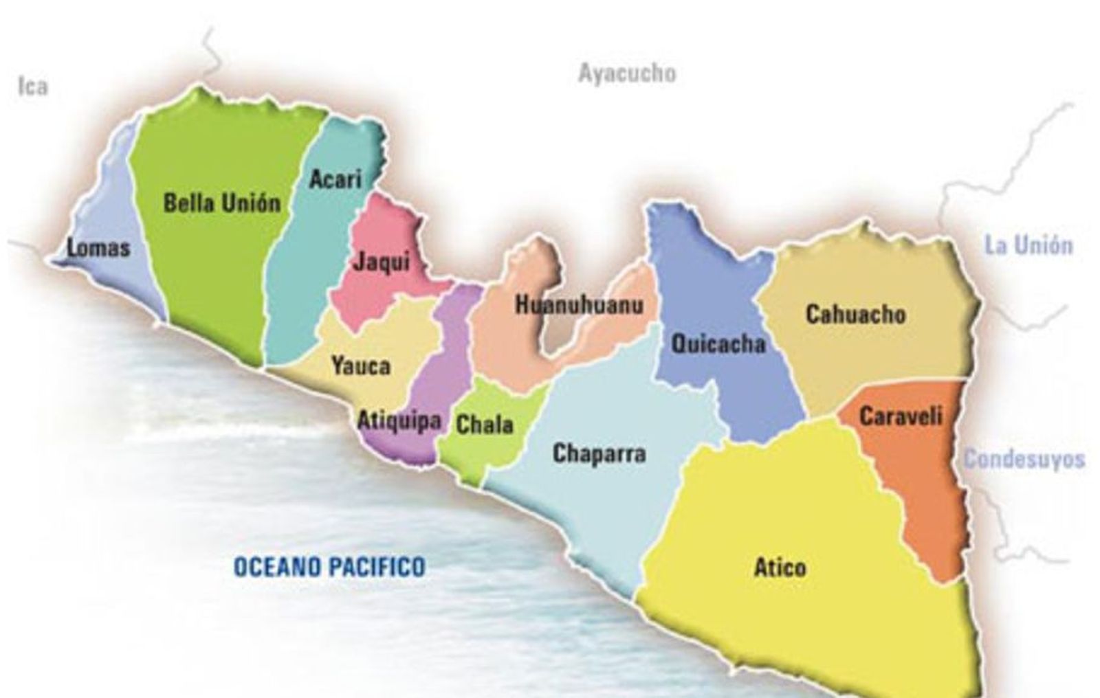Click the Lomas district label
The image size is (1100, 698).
click(x=98, y=248)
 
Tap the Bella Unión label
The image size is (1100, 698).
click(x=222, y=203)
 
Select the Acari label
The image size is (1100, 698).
click(x=335, y=180)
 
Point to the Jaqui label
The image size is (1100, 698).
click(x=381, y=262)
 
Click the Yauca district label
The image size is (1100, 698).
click(x=360, y=366)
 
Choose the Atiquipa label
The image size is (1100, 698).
click(x=399, y=420)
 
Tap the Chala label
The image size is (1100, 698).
click(x=484, y=425)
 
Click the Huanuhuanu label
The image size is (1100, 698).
click(x=579, y=305)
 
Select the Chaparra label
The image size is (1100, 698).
click(x=599, y=453)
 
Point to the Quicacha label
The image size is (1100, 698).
click(x=718, y=343)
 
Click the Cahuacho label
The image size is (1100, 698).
click(x=855, y=315)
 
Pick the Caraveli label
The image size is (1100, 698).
click(x=900, y=416)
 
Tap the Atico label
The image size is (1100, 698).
click(x=780, y=568)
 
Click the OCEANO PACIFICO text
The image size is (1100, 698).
click(x=329, y=567)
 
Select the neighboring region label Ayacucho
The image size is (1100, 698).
click(x=626, y=73)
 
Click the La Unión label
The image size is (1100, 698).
click(x=1028, y=245)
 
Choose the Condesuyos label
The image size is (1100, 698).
click(x=1023, y=459)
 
